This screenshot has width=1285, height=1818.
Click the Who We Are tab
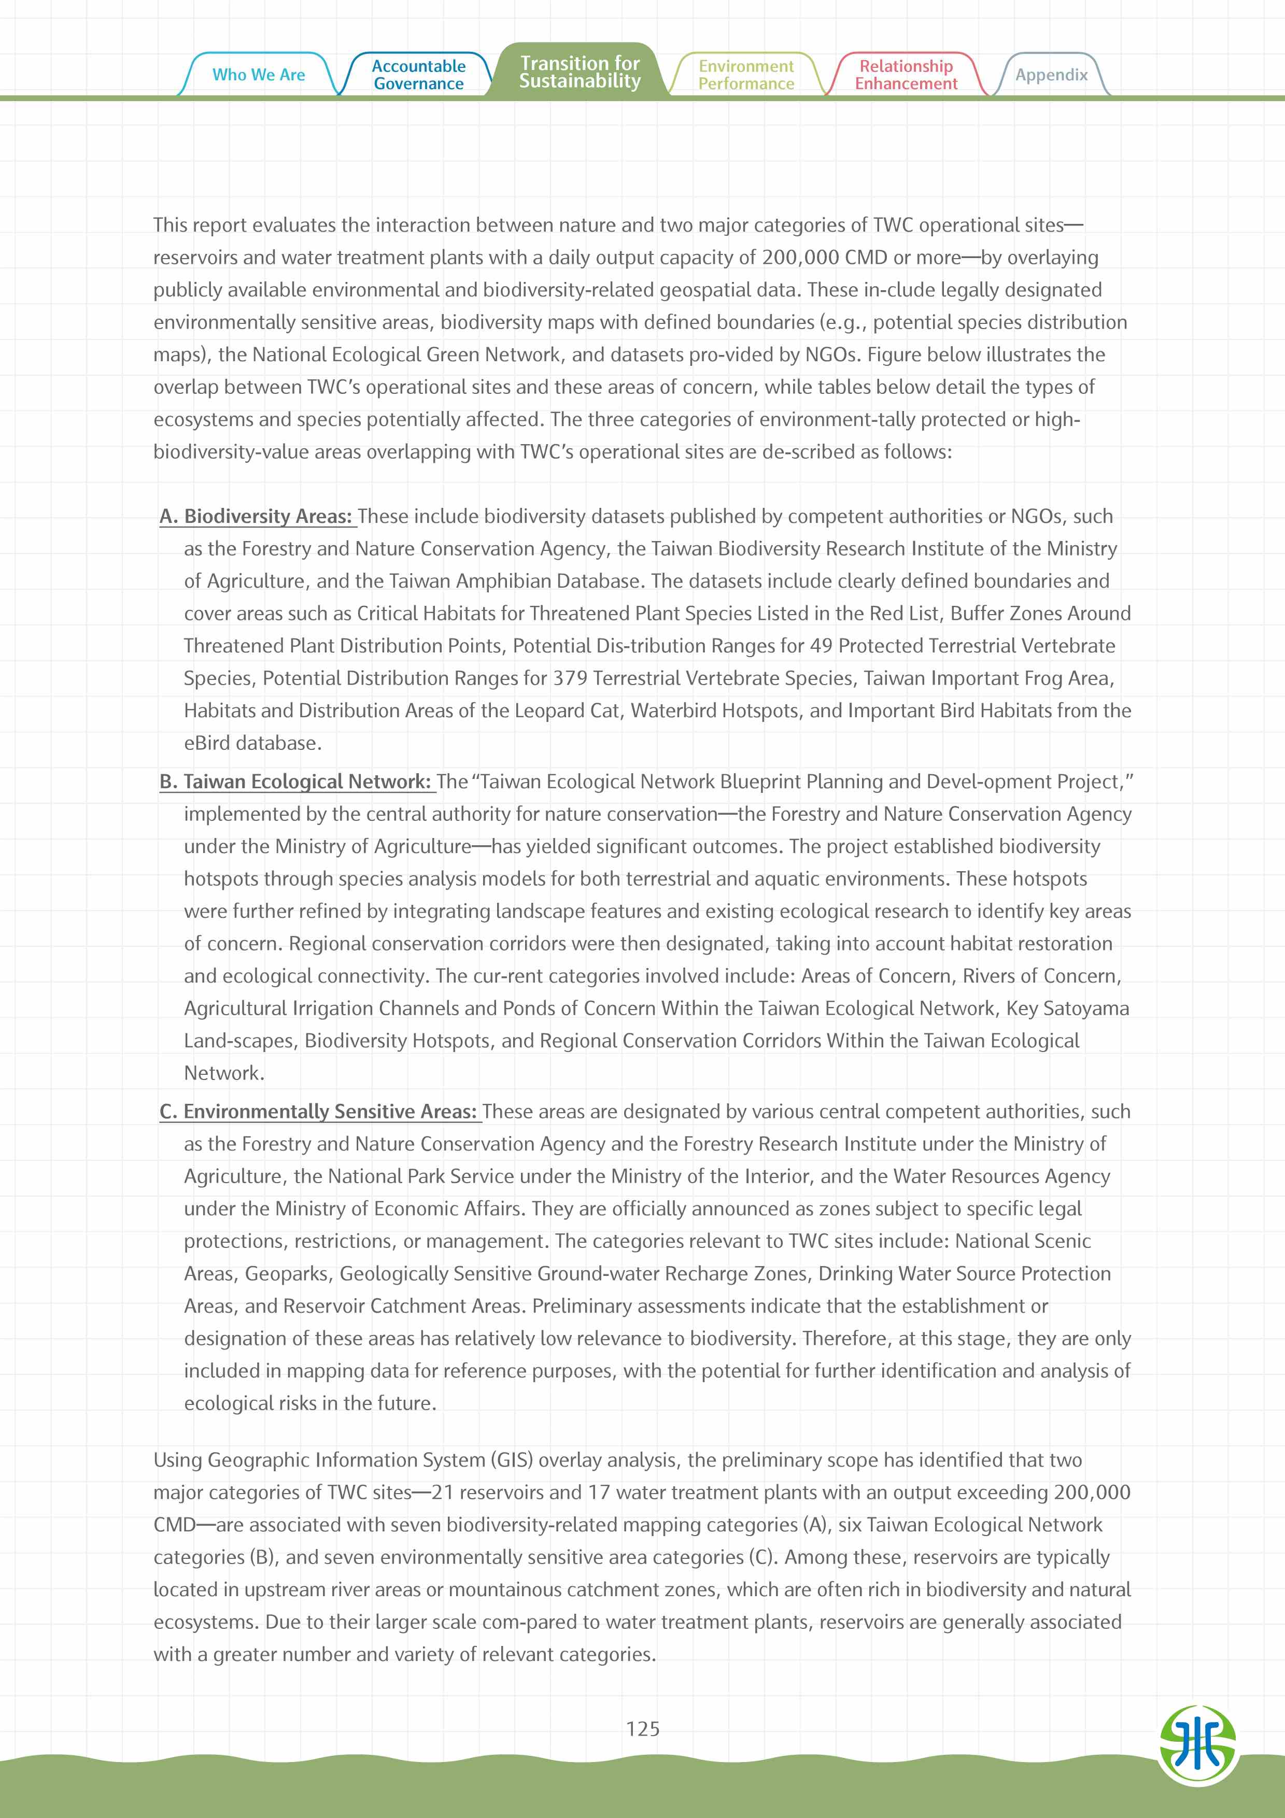(x=258, y=75)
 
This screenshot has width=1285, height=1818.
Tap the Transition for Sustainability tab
(x=580, y=72)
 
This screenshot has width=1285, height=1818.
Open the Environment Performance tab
(x=746, y=75)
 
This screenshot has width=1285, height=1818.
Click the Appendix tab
(x=1051, y=75)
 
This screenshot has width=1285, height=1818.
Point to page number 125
(x=642, y=1728)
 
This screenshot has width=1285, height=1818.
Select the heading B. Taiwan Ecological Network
(x=296, y=782)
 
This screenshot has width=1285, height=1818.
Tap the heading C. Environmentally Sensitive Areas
(x=319, y=1112)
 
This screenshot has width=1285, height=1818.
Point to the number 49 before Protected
(x=820, y=646)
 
